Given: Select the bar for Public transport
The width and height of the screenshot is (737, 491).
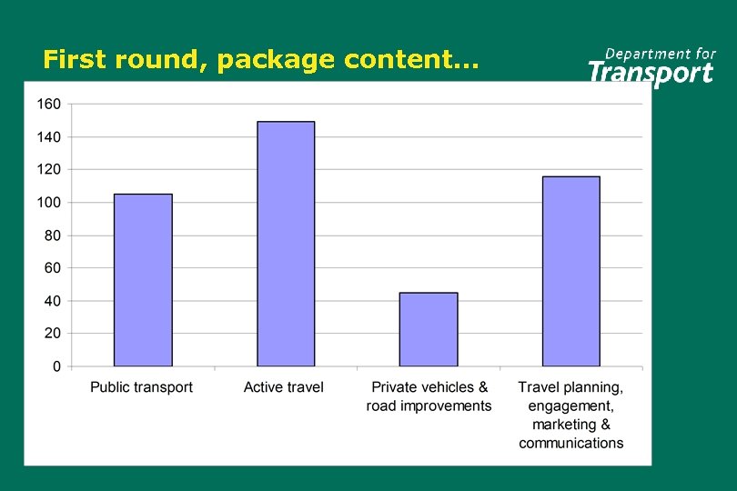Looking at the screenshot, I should pos(143,280).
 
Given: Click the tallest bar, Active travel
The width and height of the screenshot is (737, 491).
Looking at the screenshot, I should pos(286,244).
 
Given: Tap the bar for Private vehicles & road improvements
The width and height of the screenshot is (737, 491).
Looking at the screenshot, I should pos(429,329).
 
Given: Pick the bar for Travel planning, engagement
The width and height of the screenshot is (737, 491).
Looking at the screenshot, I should pos(571,271).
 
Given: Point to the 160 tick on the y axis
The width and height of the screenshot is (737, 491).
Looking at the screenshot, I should pos(48,105).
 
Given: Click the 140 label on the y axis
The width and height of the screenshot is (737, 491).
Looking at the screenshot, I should pos(48,137).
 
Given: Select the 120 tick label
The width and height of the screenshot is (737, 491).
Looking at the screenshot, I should pos(48,170).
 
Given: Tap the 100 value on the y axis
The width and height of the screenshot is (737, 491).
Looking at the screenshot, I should pos(48,203).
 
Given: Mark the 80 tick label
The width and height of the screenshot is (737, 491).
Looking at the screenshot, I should pos(52,235).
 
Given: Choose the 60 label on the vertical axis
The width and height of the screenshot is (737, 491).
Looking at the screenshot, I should pos(52,268).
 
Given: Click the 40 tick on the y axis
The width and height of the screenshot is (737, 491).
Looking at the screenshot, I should pos(52,301).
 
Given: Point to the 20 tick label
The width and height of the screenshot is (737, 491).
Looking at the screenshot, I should pos(52,334).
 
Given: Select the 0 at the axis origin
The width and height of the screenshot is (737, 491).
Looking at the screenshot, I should pos(56,366).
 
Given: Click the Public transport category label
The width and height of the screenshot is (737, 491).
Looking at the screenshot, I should pos(142,387).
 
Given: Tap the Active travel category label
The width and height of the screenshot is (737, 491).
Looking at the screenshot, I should pos(284,387).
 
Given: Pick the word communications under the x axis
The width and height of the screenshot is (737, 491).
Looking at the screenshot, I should pos(571,444).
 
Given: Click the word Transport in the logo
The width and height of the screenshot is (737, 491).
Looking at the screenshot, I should pos(651,73).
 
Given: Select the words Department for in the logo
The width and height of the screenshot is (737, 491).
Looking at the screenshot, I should pos(661,54).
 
